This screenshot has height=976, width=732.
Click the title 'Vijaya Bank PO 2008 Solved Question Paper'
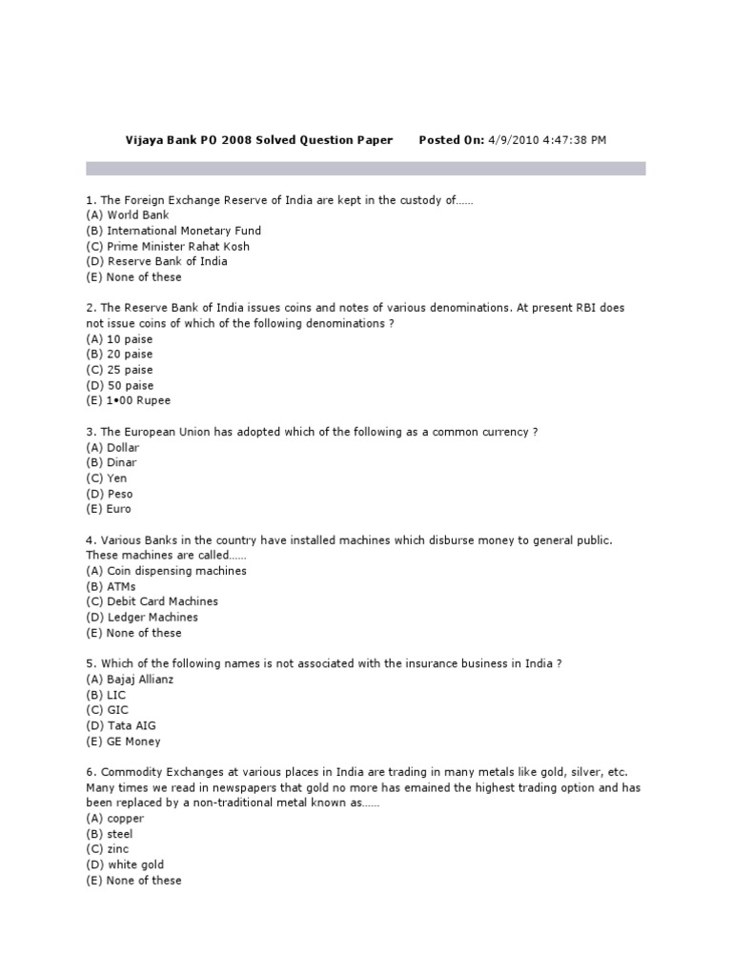point(259,140)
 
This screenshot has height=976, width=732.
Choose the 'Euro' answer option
point(119,509)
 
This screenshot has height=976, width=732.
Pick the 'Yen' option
point(116,478)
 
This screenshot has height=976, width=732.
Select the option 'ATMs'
point(121,586)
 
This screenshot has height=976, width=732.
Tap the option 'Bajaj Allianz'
point(140,680)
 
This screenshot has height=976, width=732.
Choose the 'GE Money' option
point(133,742)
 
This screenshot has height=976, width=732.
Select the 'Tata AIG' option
point(132,726)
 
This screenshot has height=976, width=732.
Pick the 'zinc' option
point(117,849)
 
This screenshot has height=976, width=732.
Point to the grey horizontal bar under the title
point(366,169)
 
